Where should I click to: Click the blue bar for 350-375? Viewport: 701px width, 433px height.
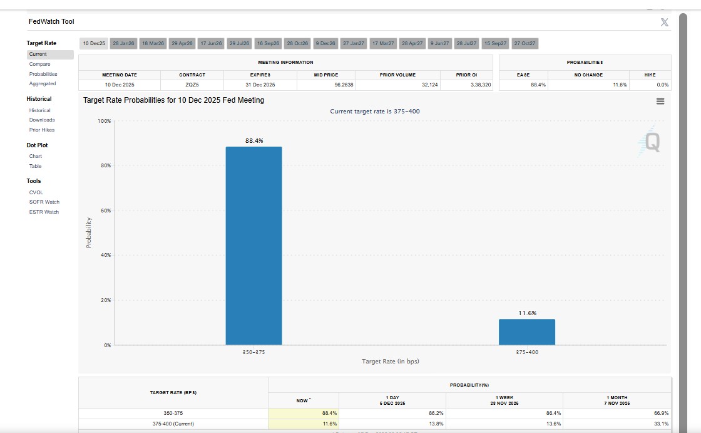[x=253, y=246]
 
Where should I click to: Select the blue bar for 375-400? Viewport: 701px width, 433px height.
[x=526, y=332]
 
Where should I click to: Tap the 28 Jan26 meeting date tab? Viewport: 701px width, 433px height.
[x=123, y=43]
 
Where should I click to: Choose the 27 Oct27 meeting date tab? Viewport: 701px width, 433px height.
[x=524, y=43]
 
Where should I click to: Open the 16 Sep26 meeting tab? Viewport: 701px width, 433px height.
[x=268, y=43]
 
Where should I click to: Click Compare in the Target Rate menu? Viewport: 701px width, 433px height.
[x=39, y=64]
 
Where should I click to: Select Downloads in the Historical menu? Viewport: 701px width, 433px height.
[x=42, y=120]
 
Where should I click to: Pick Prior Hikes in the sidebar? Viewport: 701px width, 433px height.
[x=42, y=130]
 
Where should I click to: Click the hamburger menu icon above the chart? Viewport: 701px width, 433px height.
[x=660, y=102]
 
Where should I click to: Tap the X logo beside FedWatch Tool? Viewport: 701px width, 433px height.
[x=664, y=23]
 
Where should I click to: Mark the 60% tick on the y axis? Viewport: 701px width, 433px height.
[x=107, y=211]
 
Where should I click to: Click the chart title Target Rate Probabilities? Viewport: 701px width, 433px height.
[x=173, y=100]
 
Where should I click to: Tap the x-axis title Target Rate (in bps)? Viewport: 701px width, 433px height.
[x=390, y=362]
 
